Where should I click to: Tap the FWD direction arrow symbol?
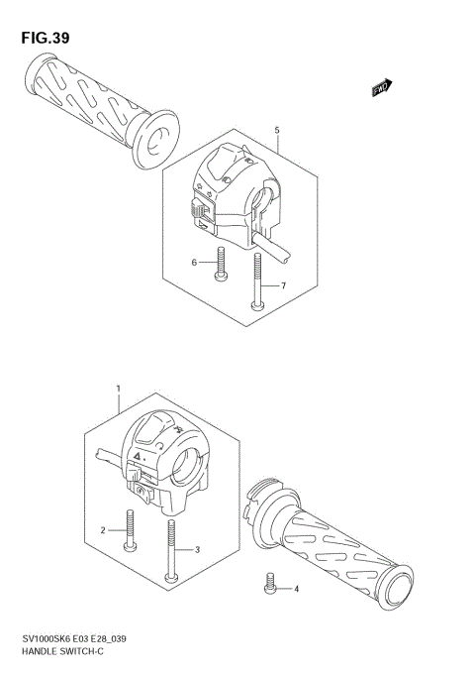point(382,88)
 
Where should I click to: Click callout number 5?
point(277,130)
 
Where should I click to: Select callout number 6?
point(195,263)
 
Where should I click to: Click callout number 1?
point(118,389)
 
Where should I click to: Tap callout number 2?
point(103,531)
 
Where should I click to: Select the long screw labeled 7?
point(257,281)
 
